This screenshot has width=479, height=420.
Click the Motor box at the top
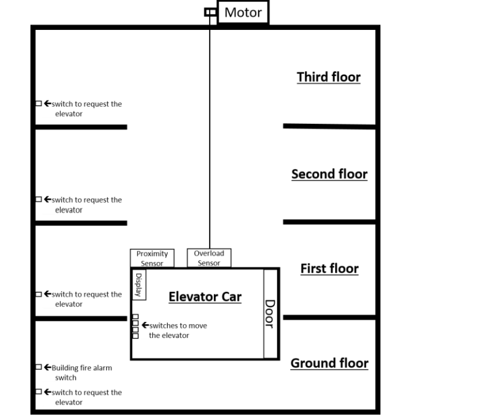242,13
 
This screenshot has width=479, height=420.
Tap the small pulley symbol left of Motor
210,12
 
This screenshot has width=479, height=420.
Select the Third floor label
328,77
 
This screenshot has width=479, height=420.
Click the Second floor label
329,174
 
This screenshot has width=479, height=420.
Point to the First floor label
329,269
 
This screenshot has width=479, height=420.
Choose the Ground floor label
329,363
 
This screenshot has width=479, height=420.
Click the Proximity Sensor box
152,258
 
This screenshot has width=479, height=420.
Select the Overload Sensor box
209,258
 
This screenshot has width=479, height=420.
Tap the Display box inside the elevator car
139,285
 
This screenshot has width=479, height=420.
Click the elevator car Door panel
271,314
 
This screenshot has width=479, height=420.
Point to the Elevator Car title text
205,297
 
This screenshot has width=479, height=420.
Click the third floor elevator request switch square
38,104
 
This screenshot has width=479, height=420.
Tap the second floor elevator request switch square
38,199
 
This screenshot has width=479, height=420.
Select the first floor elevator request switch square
38,294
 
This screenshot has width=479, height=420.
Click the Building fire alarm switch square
38,368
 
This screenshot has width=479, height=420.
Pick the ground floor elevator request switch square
38,392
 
